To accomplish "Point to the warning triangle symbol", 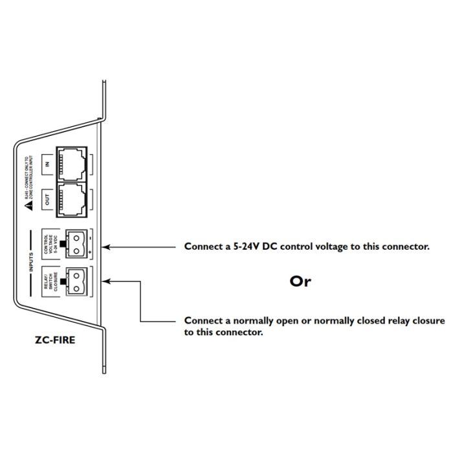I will click(x=28, y=206).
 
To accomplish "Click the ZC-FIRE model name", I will click(x=55, y=338).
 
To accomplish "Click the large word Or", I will click(x=300, y=282).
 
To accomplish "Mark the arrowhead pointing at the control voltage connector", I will click(x=107, y=247).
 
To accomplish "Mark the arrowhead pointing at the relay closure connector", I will click(x=107, y=281).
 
